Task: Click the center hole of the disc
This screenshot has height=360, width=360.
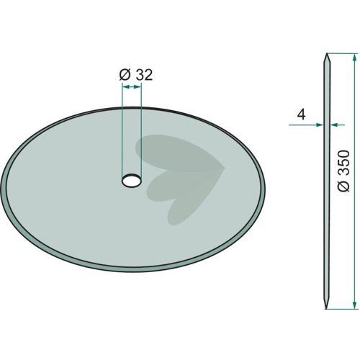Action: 132,180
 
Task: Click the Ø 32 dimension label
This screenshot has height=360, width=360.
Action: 136,75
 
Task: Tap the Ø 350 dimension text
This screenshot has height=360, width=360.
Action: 343,171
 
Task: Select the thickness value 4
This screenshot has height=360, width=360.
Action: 301,114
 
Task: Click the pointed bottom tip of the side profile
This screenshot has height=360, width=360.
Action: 326,308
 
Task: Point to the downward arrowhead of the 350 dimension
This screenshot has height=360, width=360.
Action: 354,305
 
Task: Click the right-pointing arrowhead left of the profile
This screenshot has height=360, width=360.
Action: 320,125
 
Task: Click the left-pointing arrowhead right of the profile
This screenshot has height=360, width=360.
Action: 334,125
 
